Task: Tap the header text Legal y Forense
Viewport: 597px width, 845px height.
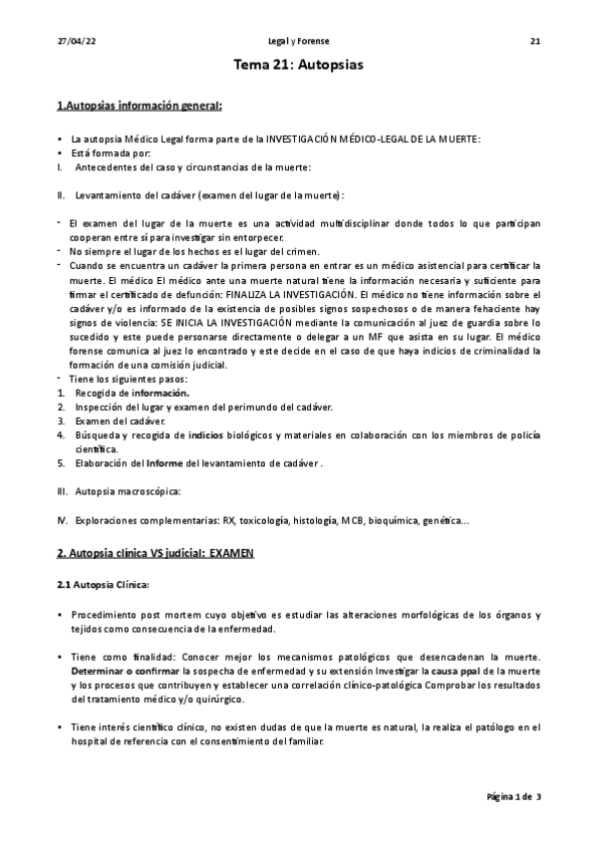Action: click(298, 41)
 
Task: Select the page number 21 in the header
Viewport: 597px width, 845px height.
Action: click(534, 41)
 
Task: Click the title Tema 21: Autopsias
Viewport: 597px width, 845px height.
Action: click(298, 66)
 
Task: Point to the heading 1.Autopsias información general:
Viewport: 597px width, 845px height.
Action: click(139, 105)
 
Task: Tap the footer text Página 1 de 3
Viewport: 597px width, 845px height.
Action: click(513, 797)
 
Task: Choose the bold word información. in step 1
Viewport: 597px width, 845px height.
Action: click(160, 393)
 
